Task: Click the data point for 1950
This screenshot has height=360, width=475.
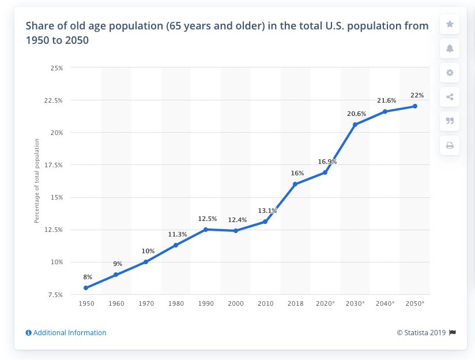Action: coord(85,288)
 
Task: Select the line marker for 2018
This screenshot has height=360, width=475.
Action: coord(295,184)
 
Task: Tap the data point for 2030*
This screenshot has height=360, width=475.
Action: coord(355,125)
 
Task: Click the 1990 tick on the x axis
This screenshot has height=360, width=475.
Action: coord(206,303)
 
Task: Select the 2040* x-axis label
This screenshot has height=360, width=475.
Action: coord(385,303)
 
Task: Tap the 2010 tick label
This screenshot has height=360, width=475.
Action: coord(265,303)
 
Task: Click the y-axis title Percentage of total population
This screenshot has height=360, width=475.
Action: coord(36,181)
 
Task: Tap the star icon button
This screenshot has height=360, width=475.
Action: coord(450,24)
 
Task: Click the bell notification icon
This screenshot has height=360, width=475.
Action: coord(450,48)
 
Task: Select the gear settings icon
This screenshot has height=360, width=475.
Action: coord(450,73)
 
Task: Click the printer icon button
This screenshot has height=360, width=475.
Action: coord(450,145)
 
